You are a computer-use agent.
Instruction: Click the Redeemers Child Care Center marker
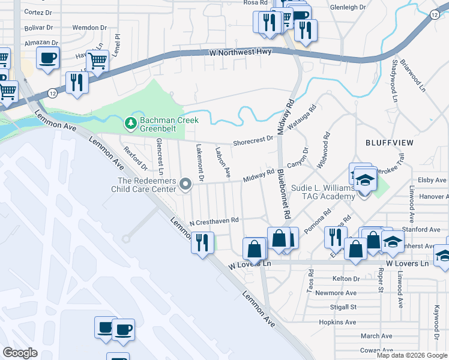[x=185, y=184]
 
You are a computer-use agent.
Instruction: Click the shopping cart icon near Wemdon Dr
[x=97, y=59]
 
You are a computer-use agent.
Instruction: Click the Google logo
[x=20, y=353]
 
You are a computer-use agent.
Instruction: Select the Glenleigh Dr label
[x=348, y=7]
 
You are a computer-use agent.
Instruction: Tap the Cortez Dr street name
[x=39, y=12]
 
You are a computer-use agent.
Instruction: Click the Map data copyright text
[x=412, y=355]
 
